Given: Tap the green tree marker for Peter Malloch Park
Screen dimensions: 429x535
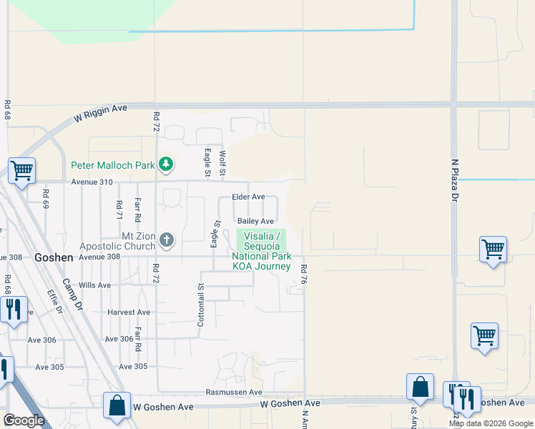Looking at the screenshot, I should [x=166, y=165].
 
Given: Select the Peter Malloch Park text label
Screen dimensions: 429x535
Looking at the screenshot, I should [x=113, y=165].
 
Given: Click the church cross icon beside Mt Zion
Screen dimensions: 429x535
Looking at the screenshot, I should [x=166, y=240].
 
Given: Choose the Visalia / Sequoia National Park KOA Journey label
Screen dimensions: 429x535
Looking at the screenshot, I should [x=261, y=251].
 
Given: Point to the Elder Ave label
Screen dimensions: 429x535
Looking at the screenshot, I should [x=248, y=197].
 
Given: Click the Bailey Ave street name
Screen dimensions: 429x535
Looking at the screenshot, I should [x=256, y=222].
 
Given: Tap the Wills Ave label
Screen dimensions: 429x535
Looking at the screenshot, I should [x=94, y=285].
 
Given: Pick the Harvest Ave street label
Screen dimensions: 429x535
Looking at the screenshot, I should [x=129, y=312].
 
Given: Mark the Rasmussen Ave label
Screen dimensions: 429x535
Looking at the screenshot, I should [x=234, y=392].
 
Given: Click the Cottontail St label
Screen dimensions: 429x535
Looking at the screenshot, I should [x=201, y=305].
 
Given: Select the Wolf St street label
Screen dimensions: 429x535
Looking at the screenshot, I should [x=222, y=164].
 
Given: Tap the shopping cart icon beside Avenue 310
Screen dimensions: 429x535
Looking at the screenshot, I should [x=21, y=172].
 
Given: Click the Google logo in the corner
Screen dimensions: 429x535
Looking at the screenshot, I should [x=24, y=420].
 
